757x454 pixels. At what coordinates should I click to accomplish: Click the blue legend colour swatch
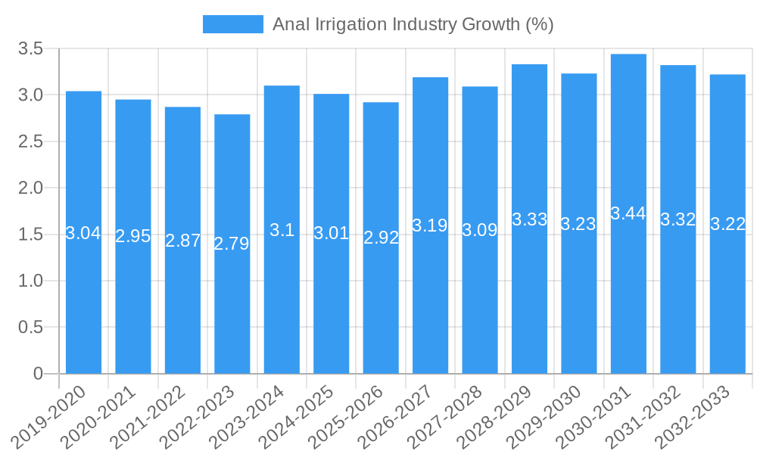coord(232,24)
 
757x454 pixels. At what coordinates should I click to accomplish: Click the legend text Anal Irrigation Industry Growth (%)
coord(413,24)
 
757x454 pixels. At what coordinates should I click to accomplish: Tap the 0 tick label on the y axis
coord(39,374)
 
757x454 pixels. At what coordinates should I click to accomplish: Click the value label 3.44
coord(628,213)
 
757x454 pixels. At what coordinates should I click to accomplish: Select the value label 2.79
coord(232,244)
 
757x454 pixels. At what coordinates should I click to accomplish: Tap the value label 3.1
coord(282,230)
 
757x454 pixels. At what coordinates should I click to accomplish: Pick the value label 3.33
coord(529,219)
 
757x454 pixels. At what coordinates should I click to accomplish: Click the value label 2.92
coord(381,238)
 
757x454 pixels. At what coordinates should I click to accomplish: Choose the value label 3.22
coord(727,224)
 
